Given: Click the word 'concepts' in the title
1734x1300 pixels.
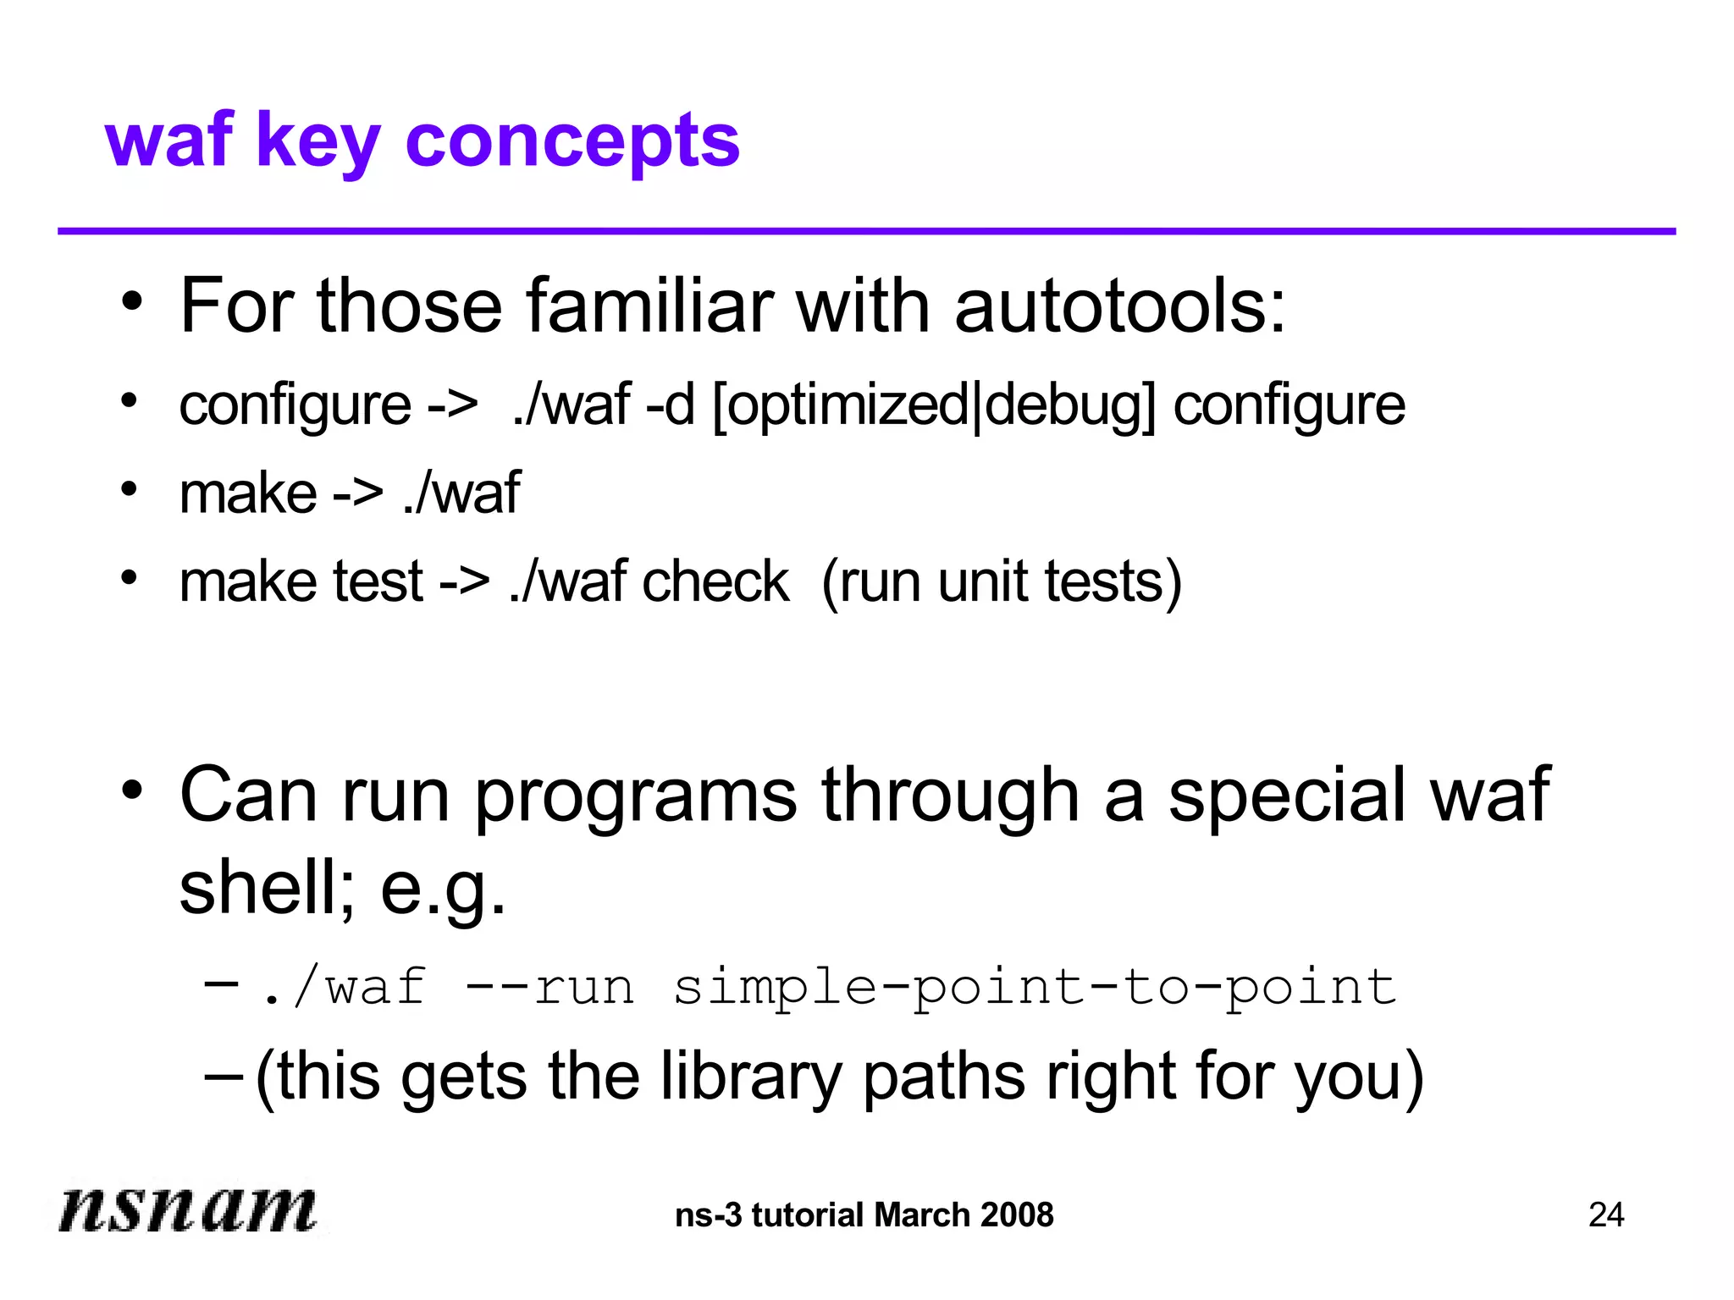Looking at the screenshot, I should (572, 141).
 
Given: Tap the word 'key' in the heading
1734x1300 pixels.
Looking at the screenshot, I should (318, 141).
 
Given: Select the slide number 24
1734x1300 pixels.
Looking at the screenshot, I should (1605, 1215).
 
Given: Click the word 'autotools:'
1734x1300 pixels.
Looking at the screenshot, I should (1119, 306).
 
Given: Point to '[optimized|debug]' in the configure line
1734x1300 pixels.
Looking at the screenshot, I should (934, 405).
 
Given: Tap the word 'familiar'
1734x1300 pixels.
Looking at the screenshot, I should (649, 306).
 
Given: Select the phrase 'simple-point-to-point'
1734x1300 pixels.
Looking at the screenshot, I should (1035, 987).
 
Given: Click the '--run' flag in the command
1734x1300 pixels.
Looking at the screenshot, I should (549, 987).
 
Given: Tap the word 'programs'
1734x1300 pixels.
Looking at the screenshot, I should (635, 796).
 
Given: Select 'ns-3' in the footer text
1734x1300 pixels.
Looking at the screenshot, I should (708, 1215).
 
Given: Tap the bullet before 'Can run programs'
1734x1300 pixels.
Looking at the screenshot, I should (131, 790).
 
